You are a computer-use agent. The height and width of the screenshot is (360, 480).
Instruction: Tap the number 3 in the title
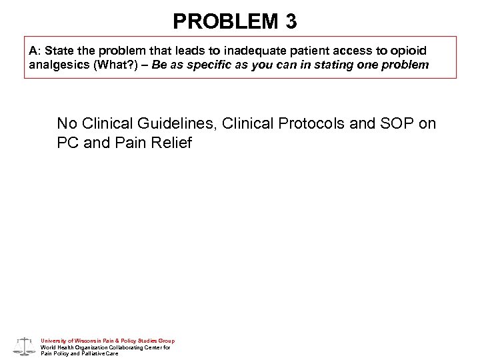coord(291,22)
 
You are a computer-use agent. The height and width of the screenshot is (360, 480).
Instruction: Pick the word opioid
coord(408,51)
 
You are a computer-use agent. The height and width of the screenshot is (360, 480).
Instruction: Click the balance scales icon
coord(25,345)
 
